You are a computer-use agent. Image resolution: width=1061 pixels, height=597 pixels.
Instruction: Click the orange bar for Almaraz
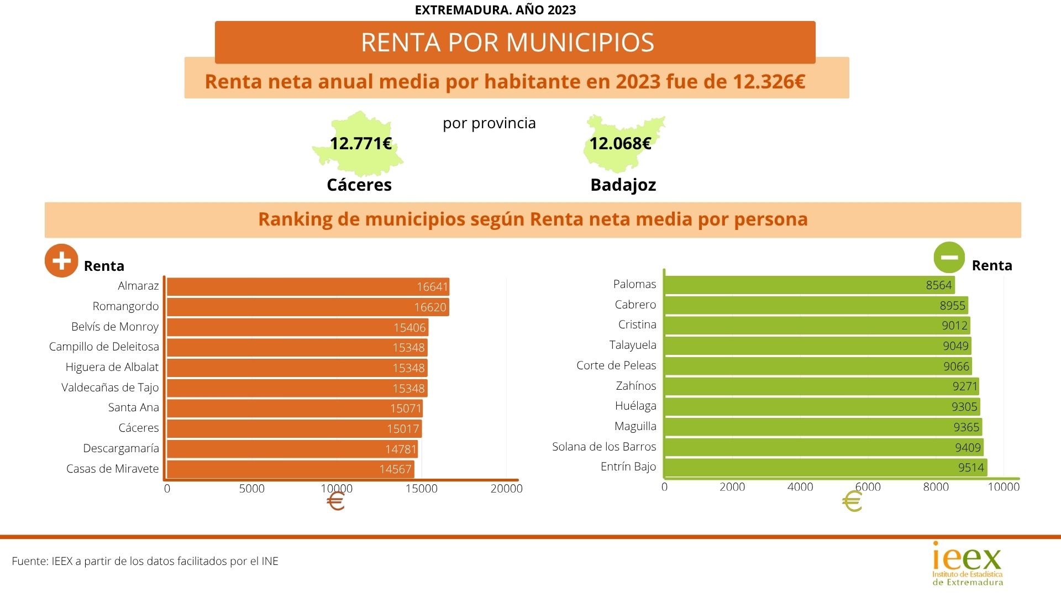tap(307, 287)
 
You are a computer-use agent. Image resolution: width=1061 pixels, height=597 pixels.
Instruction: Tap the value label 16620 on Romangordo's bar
tap(430, 307)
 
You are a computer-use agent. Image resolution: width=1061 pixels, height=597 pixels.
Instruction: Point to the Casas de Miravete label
tap(112, 469)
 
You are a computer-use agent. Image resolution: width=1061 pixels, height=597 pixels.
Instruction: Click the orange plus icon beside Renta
tap(61, 260)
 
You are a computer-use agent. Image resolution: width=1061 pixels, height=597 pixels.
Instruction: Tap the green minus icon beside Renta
tap(949, 258)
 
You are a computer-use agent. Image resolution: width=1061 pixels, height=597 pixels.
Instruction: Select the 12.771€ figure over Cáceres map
tap(360, 144)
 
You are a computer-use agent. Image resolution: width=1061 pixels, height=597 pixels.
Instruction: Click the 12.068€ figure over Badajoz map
tap(620, 144)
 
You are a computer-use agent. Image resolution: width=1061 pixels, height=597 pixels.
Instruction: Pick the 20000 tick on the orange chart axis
tap(506, 489)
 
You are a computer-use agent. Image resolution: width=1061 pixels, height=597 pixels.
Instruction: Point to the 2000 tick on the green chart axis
tap(732, 487)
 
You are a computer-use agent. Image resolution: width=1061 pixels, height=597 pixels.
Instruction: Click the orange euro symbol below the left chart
tap(335, 502)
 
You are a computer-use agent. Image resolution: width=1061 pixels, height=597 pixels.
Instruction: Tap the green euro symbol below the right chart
tap(852, 502)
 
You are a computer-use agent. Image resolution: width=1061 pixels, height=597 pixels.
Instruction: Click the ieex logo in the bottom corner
tap(967, 563)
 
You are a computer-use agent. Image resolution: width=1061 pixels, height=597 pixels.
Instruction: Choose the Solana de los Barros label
tap(604, 447)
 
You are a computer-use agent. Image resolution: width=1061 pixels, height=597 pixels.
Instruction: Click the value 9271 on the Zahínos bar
tap(965, 386)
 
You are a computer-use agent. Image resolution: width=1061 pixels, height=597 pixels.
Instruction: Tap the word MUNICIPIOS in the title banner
tap(580, 43)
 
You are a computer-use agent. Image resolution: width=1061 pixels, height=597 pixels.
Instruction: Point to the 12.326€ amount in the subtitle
tap(769, 82)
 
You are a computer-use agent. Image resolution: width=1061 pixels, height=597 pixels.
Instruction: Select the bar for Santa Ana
tap(294, 409)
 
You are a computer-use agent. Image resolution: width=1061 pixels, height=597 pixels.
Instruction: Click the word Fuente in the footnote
tap(29, 561)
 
